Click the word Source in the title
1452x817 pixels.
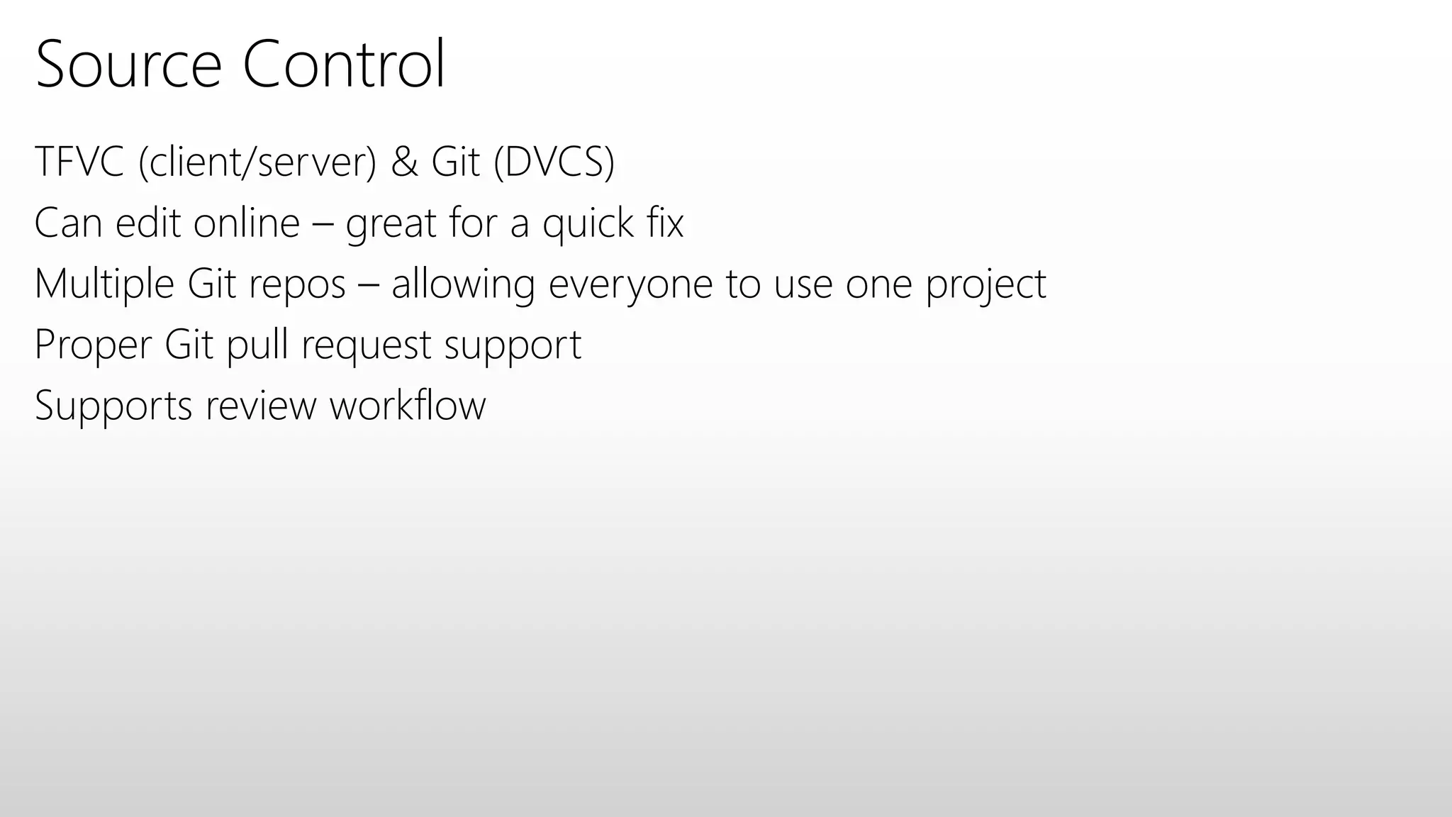128,65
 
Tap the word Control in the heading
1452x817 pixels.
344,65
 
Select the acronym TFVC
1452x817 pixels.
79,161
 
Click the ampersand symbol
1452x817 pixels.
404,161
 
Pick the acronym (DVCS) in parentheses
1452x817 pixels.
554,162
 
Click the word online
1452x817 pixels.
247,223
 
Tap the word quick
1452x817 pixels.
588,224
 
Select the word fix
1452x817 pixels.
665,223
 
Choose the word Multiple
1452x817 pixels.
104,284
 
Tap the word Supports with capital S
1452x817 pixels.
113,406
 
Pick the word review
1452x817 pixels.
261,406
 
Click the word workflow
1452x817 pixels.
408,406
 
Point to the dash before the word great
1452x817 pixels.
323,224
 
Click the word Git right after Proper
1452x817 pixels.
189,345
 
